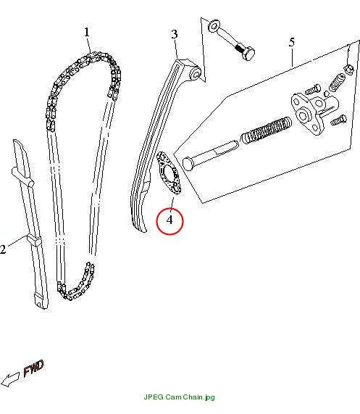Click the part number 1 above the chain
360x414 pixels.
coord(87,32)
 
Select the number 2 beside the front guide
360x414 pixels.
coord(3,249)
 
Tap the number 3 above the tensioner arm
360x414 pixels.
coord(175,34)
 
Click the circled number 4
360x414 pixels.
coord(169,220)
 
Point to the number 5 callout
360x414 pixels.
coord(291,42)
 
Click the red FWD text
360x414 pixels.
coord(33,368)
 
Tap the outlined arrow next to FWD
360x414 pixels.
coord(10,380)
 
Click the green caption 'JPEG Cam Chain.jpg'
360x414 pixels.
coord(180,397)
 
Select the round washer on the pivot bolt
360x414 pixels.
coord(213,27)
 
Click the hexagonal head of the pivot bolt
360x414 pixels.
coord(248,54)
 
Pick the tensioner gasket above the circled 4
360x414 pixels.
coord(169,173)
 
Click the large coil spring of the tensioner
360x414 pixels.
coord(267,131)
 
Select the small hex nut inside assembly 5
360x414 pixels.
coord(348,69)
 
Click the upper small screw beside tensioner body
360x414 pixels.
coord(312,89)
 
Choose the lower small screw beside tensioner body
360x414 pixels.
coord(339,120)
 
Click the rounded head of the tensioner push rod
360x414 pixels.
coord(188,164)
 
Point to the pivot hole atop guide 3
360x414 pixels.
coord(196,73)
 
